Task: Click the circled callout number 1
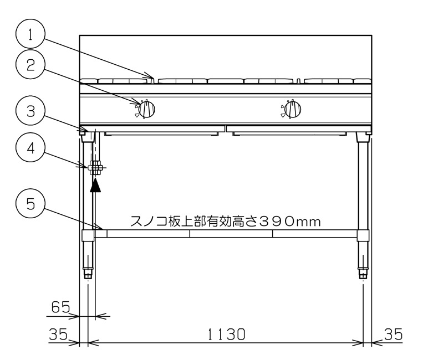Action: (x=30, y=34)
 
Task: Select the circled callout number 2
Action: (x=30, y=64)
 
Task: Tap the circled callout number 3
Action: (x=30, y=110)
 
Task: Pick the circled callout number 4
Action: (x=30, y=147)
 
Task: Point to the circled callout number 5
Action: (x=30, y=204)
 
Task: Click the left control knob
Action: (x=146, y=110)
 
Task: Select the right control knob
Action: (x=292, y=109)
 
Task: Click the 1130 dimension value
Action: (x=226, y=334)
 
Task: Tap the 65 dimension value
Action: (x=60, y=307)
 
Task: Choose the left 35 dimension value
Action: (x=58, y=334)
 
